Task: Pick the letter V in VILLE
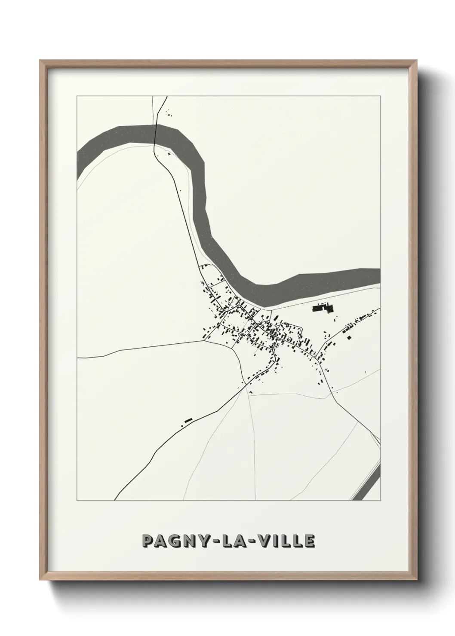click(x=270, y=542)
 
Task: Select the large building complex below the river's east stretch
click(x=323, y=308)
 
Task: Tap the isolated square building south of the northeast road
click(x=350, y=337)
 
